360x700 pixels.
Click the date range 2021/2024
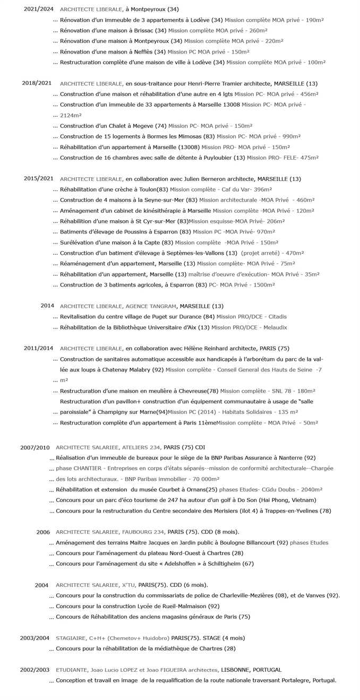38,9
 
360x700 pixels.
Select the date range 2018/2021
37,83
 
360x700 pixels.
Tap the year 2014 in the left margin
47,306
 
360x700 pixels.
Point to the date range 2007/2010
35,447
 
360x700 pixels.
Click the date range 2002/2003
35,670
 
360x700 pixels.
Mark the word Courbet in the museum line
167,489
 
